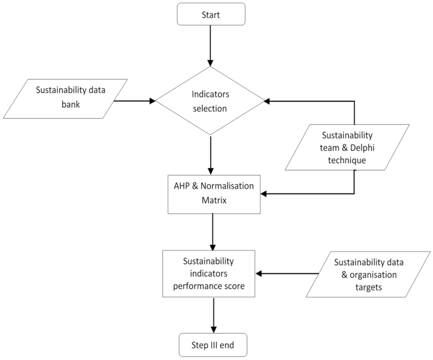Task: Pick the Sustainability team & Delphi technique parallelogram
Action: [347, 147]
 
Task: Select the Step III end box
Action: [213, 346]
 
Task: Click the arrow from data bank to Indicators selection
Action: [135, 101]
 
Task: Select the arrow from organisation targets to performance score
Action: [287, 274]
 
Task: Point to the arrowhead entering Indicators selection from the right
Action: [268, 101]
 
